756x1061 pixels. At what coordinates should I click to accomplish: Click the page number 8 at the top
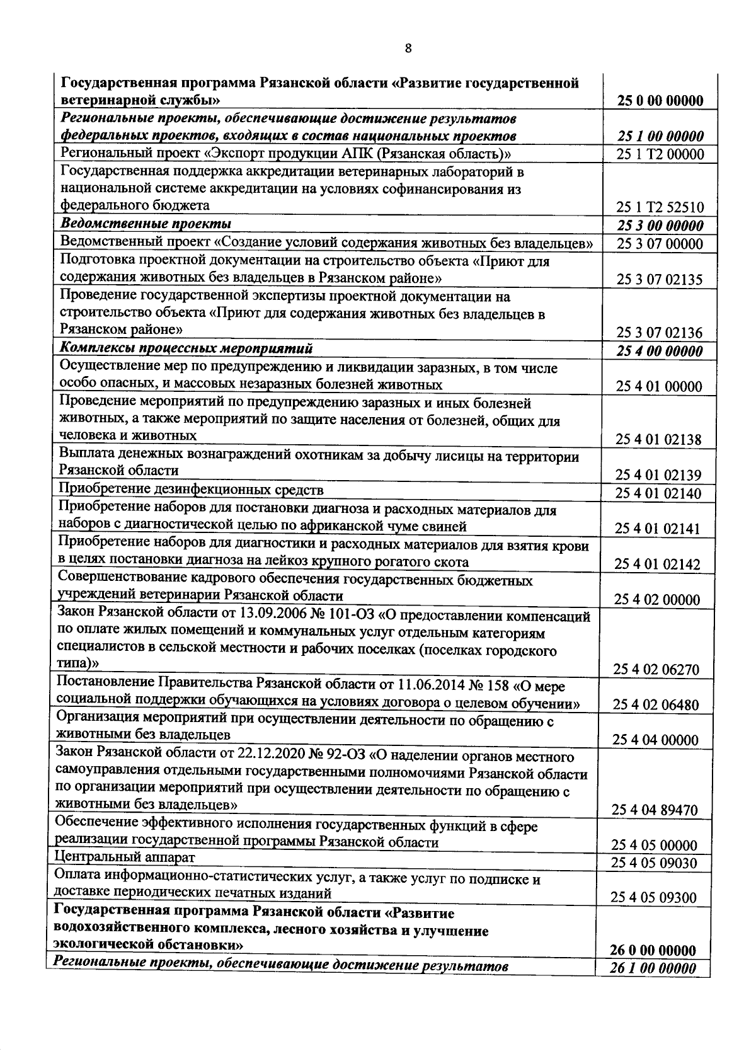[x=408, y=48]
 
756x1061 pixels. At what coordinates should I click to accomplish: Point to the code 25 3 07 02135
[x=660, y=279]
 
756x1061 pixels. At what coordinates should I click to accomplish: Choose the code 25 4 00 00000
[x=660, y=351]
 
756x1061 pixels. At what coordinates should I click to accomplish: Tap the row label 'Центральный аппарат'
[x=125, y=857]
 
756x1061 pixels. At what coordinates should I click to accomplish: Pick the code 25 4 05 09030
[x=655, y=863]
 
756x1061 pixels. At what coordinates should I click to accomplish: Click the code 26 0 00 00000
[x=654, y=951]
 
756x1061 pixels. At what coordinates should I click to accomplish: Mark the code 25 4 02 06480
[x=656, y=704]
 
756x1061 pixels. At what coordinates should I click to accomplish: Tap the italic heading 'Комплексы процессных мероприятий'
[x=186, y=349]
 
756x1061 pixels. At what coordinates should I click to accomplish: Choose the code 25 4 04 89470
[x=655, y=810]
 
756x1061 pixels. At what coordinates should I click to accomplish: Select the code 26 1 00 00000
[x=654, y=969]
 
